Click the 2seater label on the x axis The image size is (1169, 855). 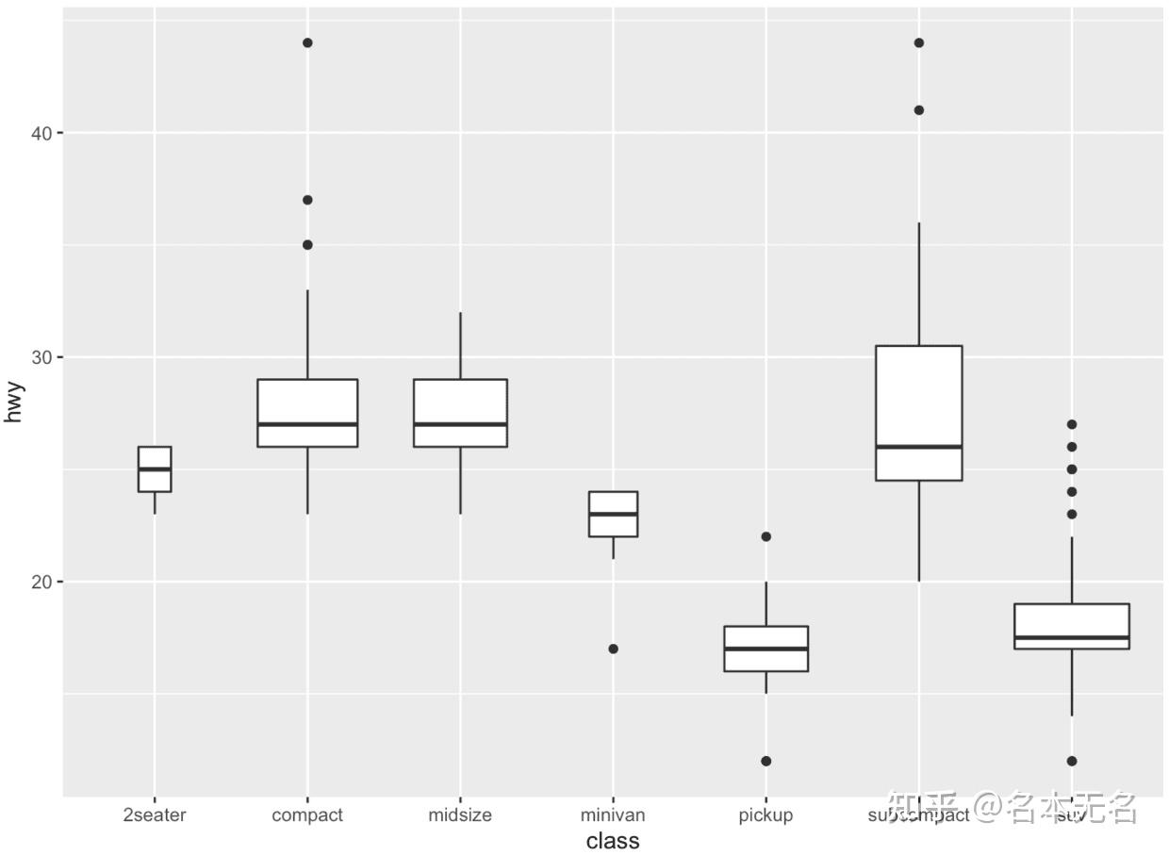[x=155, y=815]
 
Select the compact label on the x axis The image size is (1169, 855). [x=307, y=815]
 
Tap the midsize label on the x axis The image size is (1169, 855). [x=460, y=815]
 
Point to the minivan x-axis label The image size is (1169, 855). [x=613, y=815]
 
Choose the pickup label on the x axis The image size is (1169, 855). [x=766, y=815]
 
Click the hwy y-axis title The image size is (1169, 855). [x=13, y=403]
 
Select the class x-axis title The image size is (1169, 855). [x=613, y=841]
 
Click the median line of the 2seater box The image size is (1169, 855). [x=155, y=469]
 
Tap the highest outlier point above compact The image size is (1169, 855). [x=307, y=43]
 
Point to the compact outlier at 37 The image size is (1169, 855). [x=307, y=200]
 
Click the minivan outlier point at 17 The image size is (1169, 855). [x=613, y=649]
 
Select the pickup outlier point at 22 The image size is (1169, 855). [x=766, y=536]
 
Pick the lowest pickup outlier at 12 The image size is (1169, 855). [x=766, y=761]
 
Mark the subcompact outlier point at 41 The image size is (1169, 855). [x=919, y=110]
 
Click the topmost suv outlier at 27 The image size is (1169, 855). [x=1072, y=424]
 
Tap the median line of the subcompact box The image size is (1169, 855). [x=919, y=447]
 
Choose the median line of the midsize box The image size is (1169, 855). [x=460, y=424]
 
